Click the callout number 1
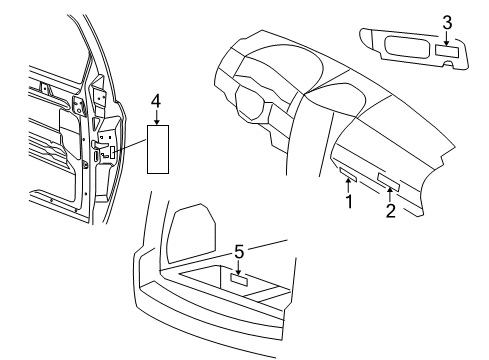click(x=349, y=201)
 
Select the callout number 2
click(x=391, y=210)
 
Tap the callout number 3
click(x=447, y=21)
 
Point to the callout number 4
click(x=155, y=100)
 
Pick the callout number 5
click(x=239, y=251)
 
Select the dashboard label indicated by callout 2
click(x=388, y=181)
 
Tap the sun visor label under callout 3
click(x=447, y=49)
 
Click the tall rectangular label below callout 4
click(x=158, y=148)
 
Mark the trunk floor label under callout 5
click(x=240, y=280)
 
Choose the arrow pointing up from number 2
click(x=390, y=195)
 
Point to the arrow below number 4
click(x=155, y=114)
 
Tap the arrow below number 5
click(x=239, y=265)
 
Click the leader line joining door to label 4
click(x=129, y=150)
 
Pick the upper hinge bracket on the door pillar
click(x=99, y=95)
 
